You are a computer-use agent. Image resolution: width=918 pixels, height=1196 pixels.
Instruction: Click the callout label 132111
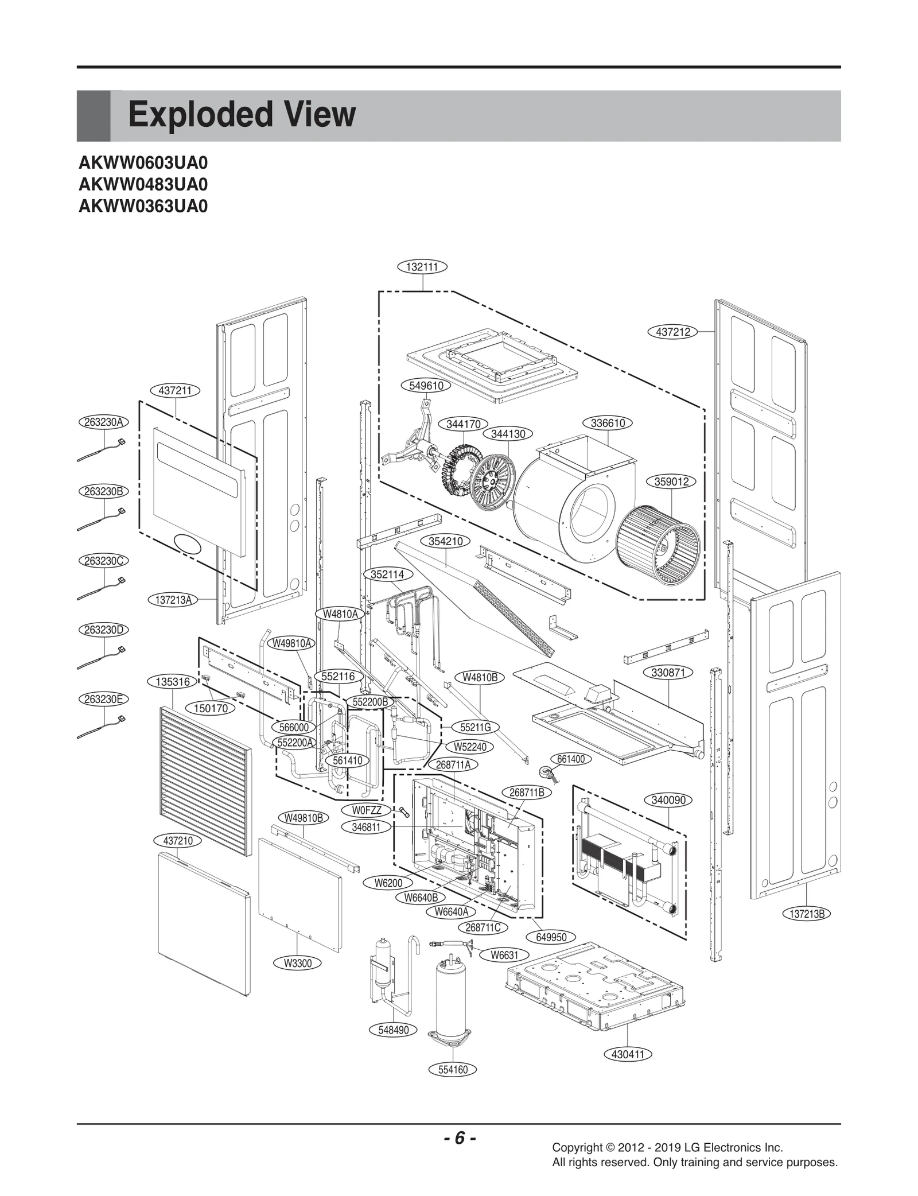[x=422, y=266]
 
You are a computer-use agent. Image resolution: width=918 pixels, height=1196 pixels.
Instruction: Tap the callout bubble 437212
[x=672, y=332]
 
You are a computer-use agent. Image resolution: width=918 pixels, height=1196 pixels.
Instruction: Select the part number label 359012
[x=671, y=481]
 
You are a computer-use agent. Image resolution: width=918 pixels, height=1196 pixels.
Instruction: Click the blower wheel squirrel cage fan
[x=658, y=545]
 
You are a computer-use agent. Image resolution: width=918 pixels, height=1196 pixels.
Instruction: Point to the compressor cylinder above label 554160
[x=452, y=999]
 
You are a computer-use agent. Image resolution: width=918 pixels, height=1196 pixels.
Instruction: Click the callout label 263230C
[x=103, y=561]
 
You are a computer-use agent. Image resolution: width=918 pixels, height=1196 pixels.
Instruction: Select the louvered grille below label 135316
[x=205, y=780]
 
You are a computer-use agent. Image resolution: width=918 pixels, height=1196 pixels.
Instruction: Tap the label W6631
[x=504, y=955]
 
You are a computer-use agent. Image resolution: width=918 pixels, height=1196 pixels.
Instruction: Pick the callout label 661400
[x=570, y=759]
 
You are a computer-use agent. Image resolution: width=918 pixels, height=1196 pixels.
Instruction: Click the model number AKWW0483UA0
[x=143, y=185]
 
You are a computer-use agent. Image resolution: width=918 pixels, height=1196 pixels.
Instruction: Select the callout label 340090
[x=668, y=800]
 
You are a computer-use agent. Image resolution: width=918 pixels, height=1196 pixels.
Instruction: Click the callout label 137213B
[x=807, y=914]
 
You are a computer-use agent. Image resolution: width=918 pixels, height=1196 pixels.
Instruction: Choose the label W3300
[x=298, y=963]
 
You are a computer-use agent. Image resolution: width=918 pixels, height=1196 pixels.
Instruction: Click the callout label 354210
[x=445, y=541]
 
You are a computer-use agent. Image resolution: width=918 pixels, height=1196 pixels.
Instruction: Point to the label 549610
[x=426, y=386]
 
